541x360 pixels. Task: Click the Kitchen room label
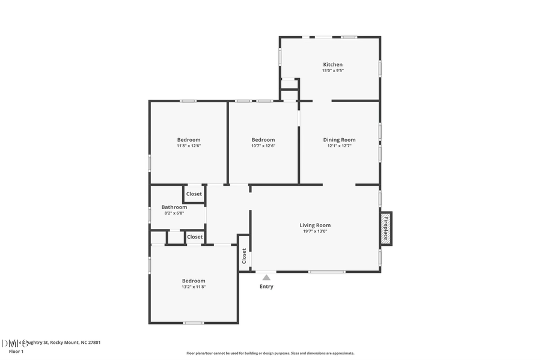click(x=332, y=64)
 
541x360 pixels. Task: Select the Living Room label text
click(x=315, y=225)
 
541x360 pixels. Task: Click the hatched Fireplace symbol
click(x=386, y=228)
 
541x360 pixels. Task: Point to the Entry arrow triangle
click(x=266, y=277)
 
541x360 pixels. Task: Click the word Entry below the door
click(x=266, y=287)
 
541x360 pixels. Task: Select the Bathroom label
click(x=174, y=207)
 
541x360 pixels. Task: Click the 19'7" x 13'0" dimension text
click(x=315, y=232)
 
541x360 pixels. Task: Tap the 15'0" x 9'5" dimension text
click(x=332, y=70)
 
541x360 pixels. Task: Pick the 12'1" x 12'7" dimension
click(x=339, y=145)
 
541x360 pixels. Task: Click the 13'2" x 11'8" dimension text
click(x=194, y=287)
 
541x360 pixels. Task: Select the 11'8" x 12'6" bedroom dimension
click(x=188, y=145)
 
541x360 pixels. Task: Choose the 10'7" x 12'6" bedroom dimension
click(x=263, y=145)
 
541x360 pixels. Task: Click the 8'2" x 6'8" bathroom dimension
click(x=174, y=213)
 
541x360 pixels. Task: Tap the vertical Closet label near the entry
click(x=244, y=256)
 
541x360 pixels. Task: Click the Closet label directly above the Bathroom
click(x=194, y=194)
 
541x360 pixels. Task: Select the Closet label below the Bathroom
click(x=195, y=237)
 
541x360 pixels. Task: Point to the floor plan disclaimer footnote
click(x=270, y=353)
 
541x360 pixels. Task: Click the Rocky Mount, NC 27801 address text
click(x=75, y=343)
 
